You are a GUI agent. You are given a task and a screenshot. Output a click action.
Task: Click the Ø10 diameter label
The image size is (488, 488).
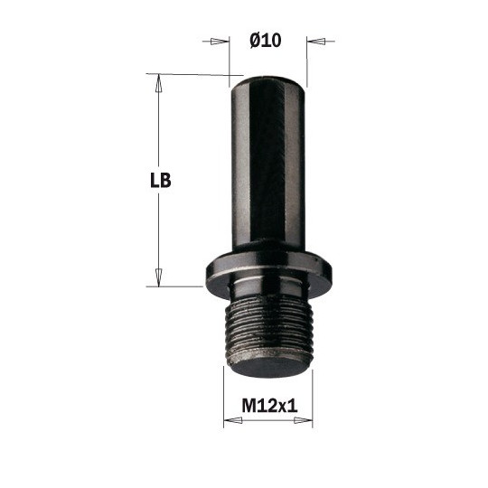point(265,40)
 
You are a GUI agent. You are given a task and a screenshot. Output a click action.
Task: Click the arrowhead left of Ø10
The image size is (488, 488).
point(218,41)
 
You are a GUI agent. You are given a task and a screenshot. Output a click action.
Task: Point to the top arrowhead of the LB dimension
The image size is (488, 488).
point(158,82)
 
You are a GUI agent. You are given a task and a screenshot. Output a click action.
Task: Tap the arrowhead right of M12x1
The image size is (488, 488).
point(306,421)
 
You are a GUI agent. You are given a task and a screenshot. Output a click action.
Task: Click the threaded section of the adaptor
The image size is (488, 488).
point(267,330)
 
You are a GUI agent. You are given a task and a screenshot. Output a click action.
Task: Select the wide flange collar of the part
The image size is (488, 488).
point(267,271)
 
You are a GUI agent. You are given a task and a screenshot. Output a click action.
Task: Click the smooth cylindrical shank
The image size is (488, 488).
point(267,163)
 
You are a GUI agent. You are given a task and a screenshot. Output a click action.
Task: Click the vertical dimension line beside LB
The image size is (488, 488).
point(158,226)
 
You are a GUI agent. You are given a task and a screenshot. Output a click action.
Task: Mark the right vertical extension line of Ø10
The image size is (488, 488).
point(306,59)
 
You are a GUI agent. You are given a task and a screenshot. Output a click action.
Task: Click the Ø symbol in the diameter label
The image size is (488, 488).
point(254,40)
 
